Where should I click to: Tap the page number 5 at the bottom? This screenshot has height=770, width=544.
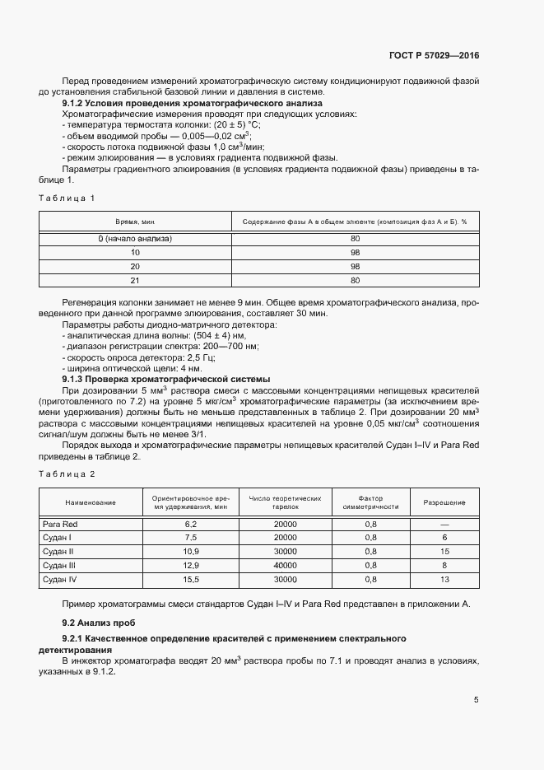tap(477, 700)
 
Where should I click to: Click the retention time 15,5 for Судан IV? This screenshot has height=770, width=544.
tap(191, 581)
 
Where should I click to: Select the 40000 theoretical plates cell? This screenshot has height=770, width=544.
tap(284, 567)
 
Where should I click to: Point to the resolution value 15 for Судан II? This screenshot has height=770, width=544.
tap(444, 552)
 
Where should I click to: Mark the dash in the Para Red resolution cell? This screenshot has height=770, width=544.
tap(444, 524)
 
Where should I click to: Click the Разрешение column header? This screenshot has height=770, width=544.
tap(444, 502)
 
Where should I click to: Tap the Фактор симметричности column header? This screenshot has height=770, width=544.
tap(370, 502)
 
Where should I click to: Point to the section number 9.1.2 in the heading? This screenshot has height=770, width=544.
tap(75, 105)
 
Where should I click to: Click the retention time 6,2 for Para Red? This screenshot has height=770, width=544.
tap(191, 524)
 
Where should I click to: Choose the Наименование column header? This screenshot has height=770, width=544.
tap(91, 502)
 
